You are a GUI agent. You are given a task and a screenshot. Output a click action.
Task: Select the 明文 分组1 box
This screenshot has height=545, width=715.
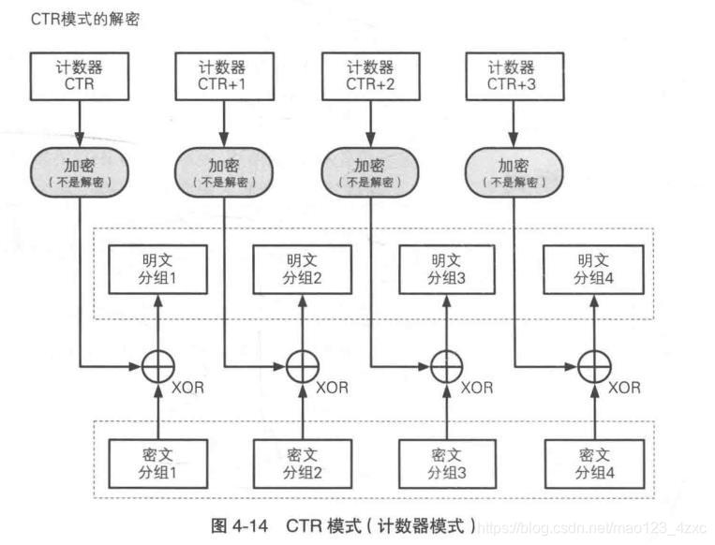point(156,269)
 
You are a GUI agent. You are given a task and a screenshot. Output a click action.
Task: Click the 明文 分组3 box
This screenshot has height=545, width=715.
point(446,269)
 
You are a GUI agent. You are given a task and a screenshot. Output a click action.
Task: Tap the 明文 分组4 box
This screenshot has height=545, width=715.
point(592,269)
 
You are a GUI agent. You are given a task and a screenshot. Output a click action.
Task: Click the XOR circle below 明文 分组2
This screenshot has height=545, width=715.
point(302,365)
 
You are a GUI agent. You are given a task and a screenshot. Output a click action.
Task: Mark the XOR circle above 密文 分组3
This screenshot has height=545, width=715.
point(446,365)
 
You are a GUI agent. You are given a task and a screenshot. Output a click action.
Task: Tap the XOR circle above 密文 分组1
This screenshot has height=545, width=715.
point(156,365)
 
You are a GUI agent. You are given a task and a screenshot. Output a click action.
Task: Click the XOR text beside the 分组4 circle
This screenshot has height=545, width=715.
point(624,387)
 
